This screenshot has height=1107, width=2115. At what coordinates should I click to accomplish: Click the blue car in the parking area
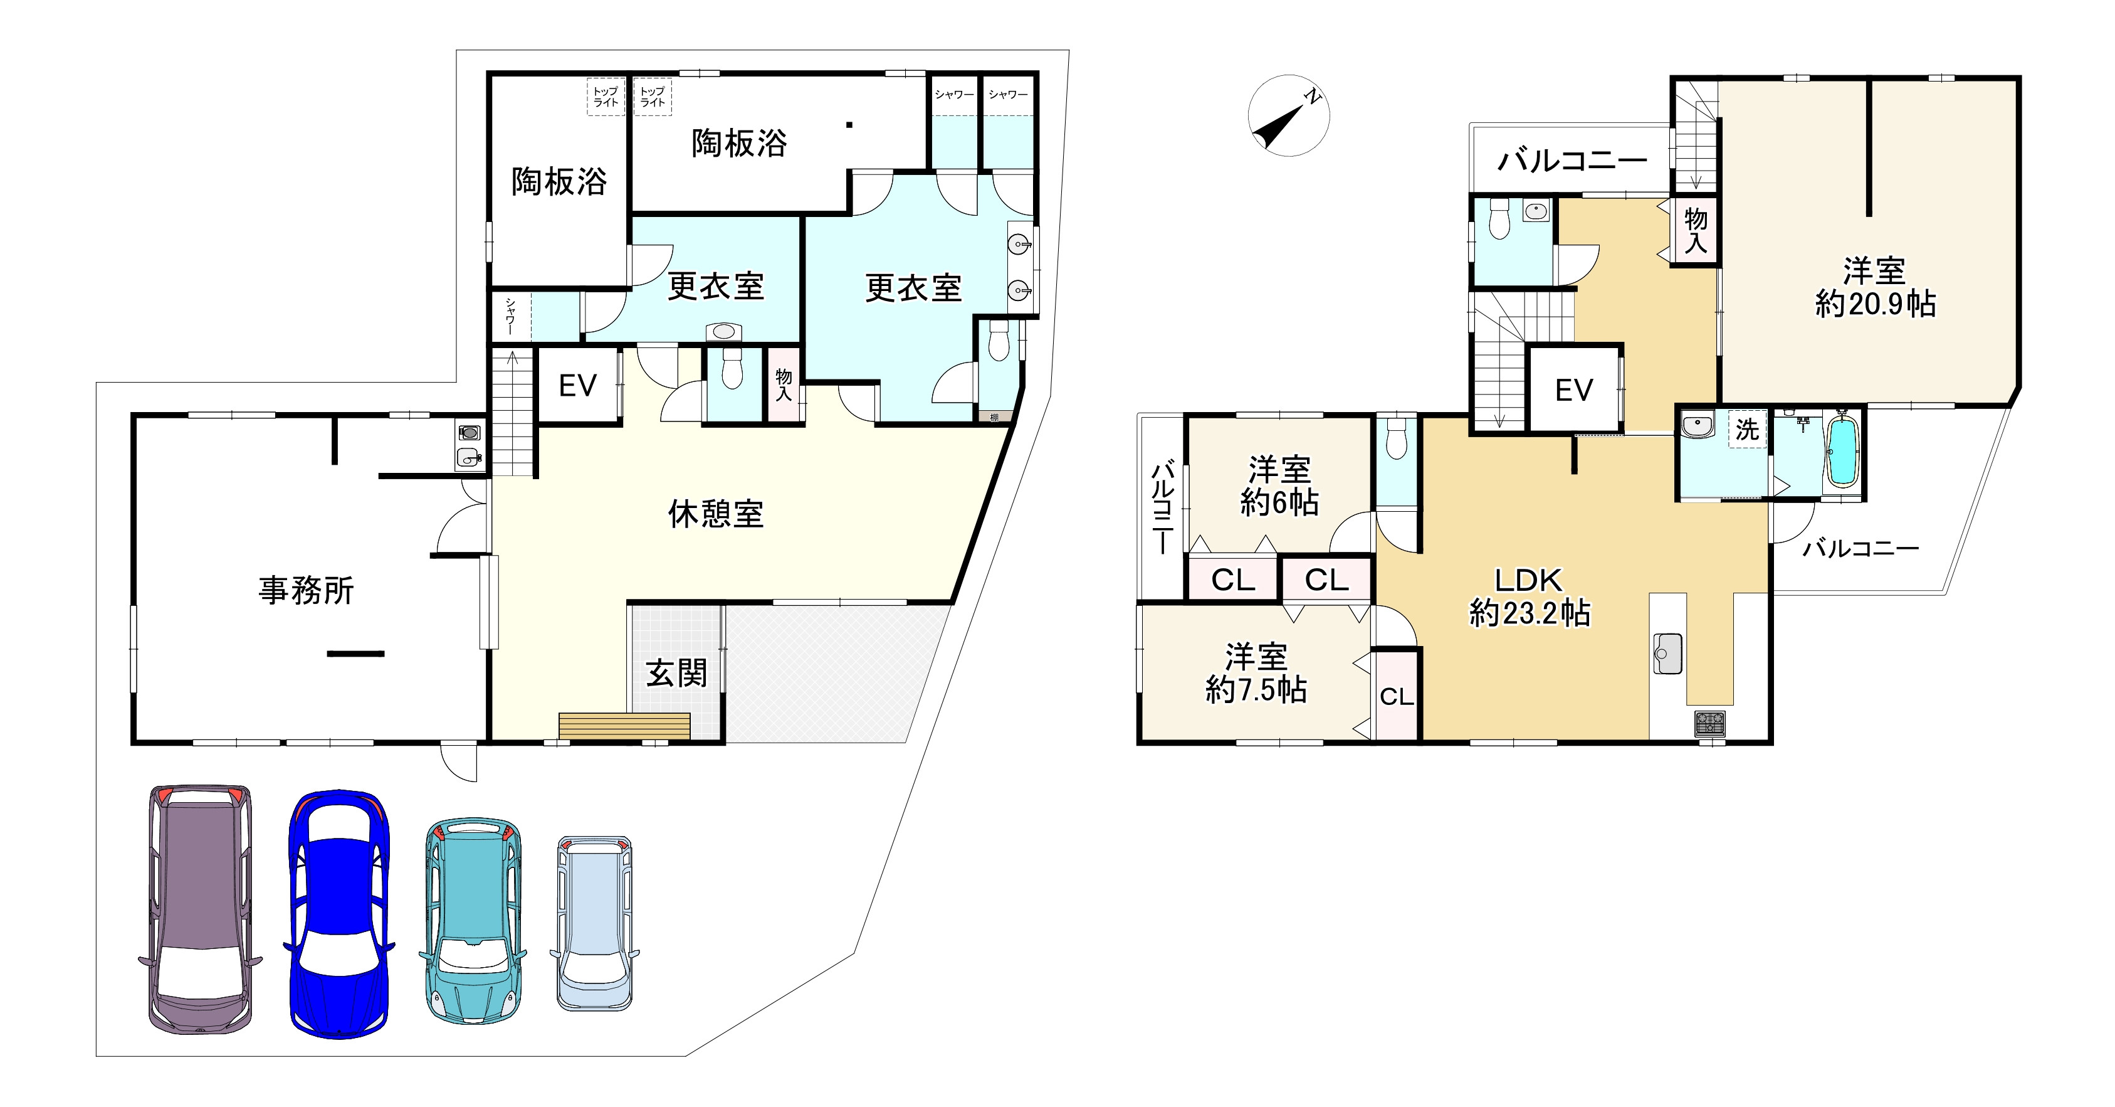pyautogui.click(x=339, y=913)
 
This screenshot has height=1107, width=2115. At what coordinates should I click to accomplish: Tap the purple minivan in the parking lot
pyautogui.click(x=199, y=909)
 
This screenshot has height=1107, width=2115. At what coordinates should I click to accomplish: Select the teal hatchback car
pyautogui.click(x=473, y=919)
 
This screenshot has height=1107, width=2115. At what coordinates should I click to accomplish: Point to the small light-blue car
pyautogui.click(x=594, y=923)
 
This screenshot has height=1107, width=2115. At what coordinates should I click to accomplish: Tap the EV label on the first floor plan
pyautogui.click(x=577, y=386)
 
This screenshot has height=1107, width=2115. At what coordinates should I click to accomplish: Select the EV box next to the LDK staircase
pyautogui.click(x=1574, y=390)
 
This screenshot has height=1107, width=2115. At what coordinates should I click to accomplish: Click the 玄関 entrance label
pyautogui.click(x=676, y=674)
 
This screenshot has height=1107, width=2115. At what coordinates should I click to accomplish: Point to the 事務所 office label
pyautogui.click(x=307, y=590)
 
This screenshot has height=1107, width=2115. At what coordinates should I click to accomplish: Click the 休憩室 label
pyautogui.click(x=716, y=514)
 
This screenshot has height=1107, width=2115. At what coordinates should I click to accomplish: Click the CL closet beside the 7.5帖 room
pyautogui.click(x=1396, y=696)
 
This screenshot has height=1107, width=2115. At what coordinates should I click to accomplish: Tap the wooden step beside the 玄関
pyautogui.click(x=624, y=727)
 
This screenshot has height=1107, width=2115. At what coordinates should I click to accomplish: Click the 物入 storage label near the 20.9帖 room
pyautogui.click(x=1696, y=231)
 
